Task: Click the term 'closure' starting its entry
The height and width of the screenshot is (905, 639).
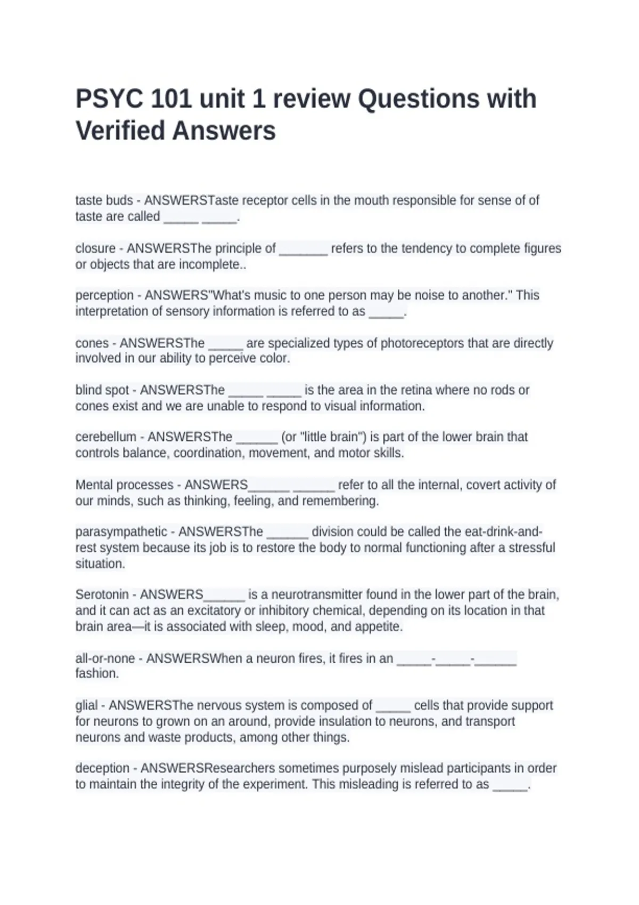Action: pyautogui.click(x=95, y=249)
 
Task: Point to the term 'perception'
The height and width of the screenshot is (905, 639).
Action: pyautogui.click(x=104, y=295)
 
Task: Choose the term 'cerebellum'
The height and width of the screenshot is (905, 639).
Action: pyautogui.click(x=106, y=437)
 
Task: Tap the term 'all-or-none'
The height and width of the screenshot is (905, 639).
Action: pyautogui.click(x=105, y=659)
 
